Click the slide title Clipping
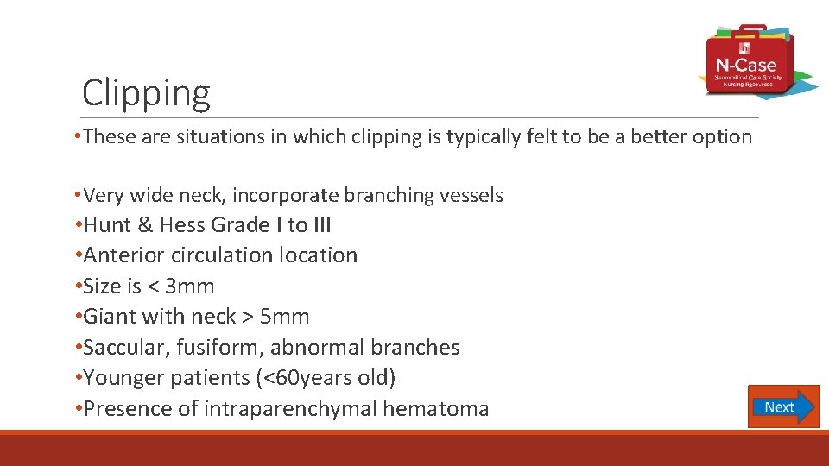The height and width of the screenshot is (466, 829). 146,93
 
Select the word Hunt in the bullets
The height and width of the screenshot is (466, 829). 107,225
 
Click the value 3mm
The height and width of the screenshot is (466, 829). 189,287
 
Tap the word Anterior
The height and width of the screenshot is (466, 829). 121,255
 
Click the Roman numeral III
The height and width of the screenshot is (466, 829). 321,225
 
